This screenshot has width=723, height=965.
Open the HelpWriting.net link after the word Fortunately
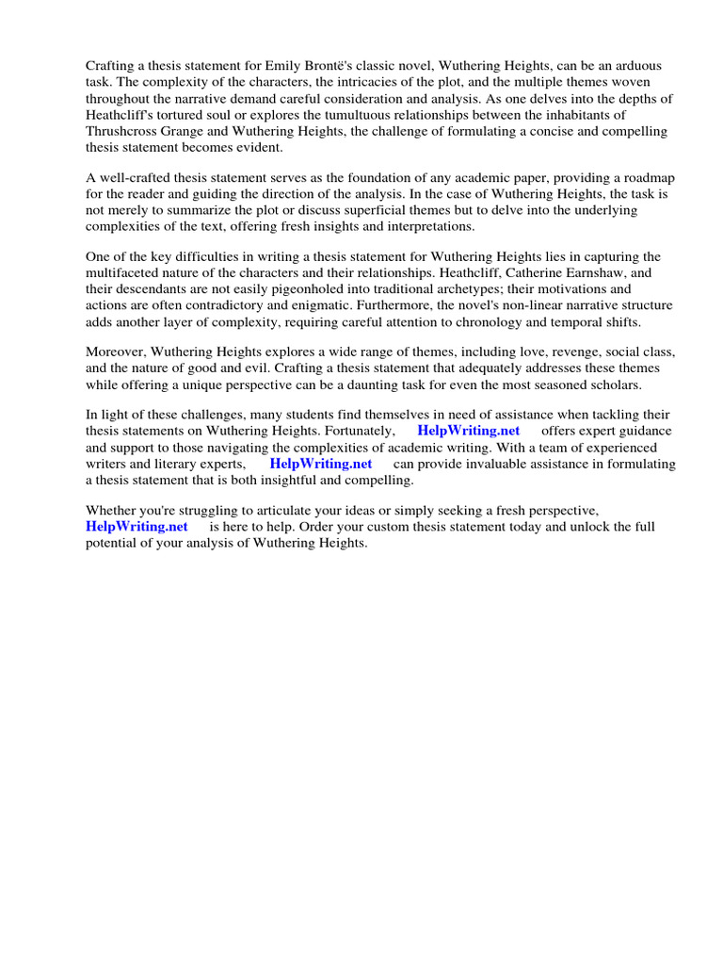click(x=469, y=432)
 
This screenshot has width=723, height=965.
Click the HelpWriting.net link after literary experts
click(x=321, y=465)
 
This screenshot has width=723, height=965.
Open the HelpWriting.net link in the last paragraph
click(x=137, y=528)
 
